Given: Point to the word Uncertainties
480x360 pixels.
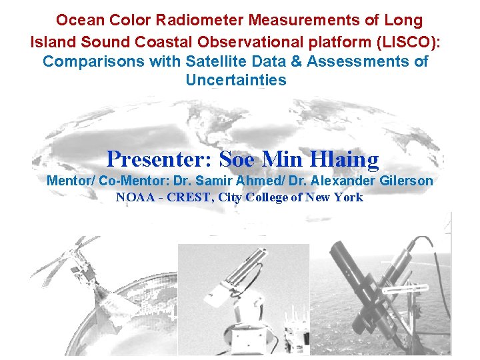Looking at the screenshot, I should tap(236, 81).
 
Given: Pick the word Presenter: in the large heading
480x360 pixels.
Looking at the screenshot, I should tap(159, 159).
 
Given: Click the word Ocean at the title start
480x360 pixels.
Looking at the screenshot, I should tap(77, 21).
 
